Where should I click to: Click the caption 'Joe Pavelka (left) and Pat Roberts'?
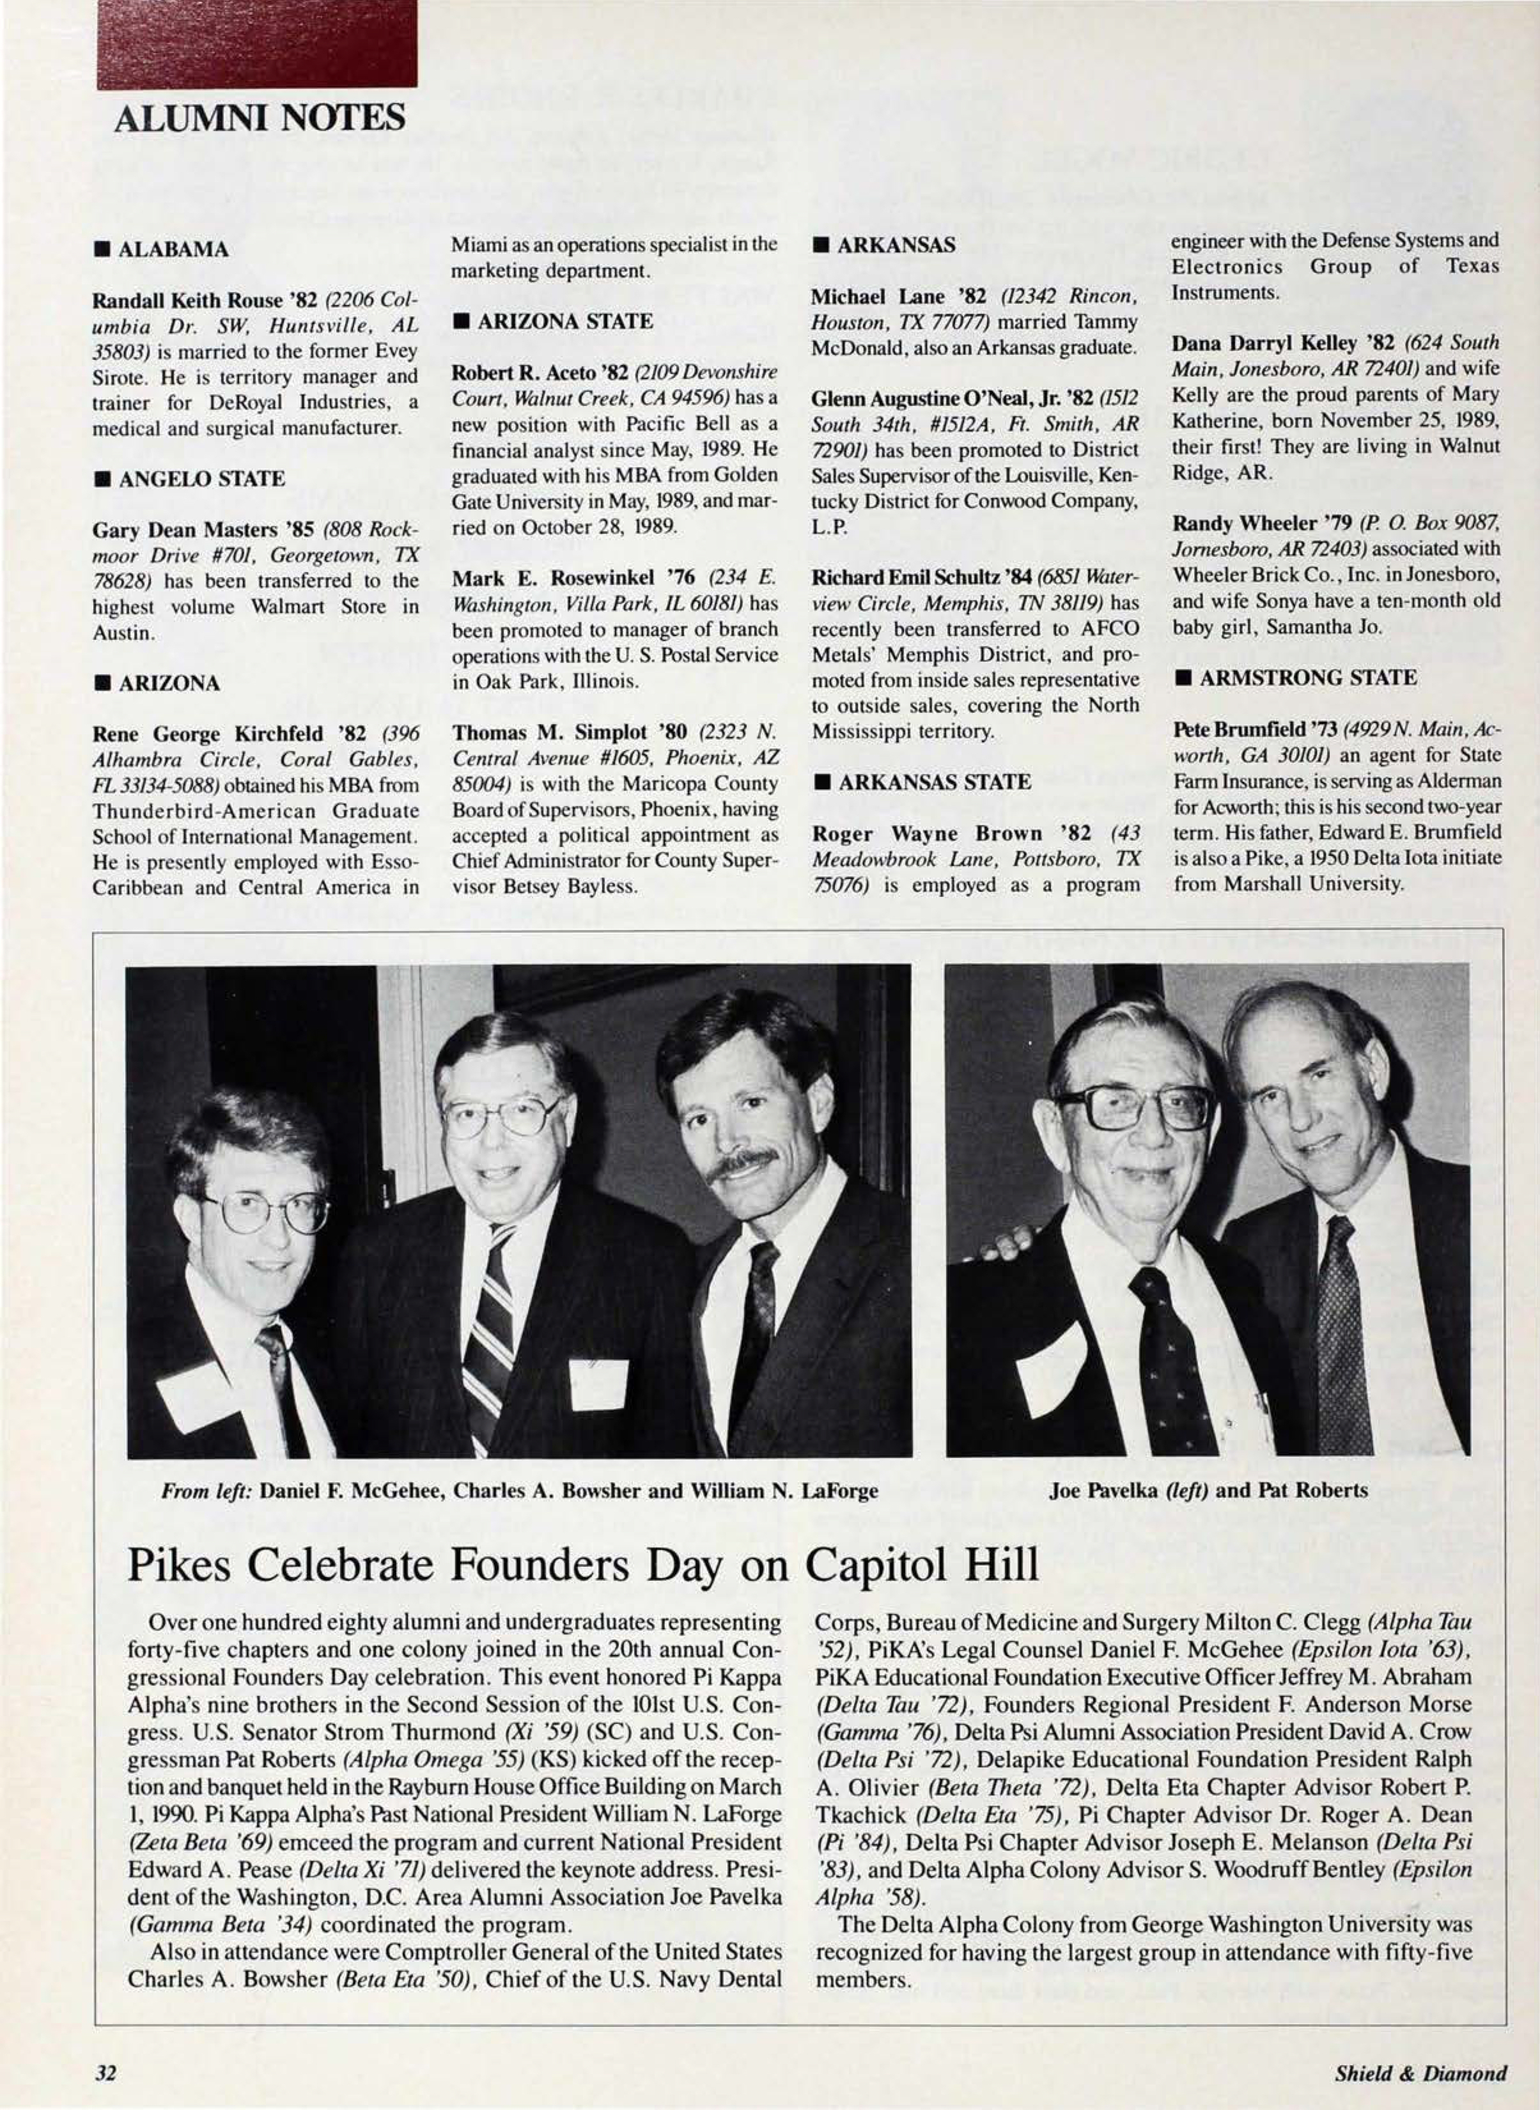[1208, 1490]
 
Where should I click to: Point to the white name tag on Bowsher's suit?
[598, 1384]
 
